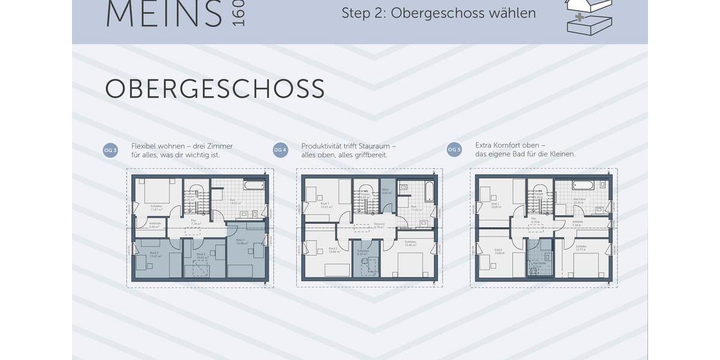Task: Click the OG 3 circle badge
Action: (110, 150)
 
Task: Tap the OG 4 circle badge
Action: (280, 150)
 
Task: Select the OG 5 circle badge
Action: (454, 150)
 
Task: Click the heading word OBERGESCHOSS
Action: (215, 89)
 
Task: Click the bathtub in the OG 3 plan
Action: (254, 185)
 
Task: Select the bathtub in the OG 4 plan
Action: (429, 191)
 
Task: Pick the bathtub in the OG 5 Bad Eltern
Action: (583, 185)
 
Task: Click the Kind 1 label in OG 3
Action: (241, 242)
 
